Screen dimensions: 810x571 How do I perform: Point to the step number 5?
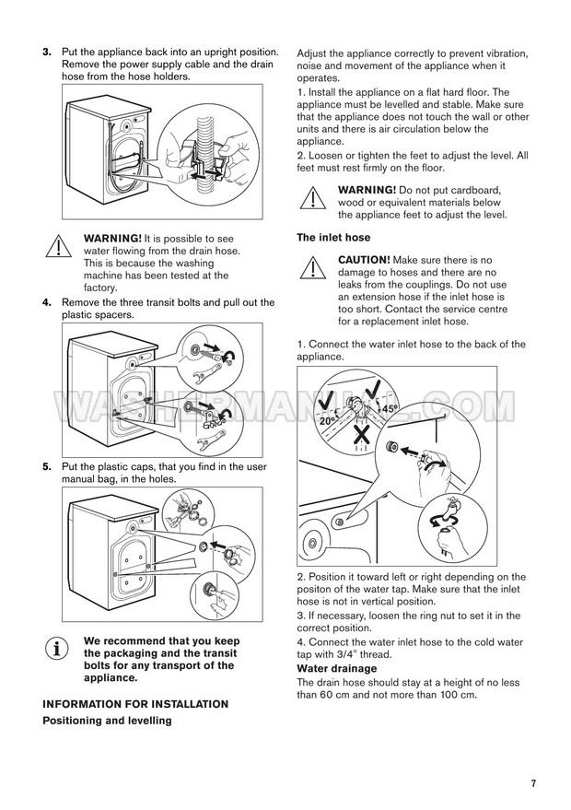click(x=47, y=467)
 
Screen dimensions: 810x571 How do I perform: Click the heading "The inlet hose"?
click(x=332, y=238)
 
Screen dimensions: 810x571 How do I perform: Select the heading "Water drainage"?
click(x=336, y=668)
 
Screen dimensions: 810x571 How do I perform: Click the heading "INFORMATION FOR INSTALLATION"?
click(x=135, y=704)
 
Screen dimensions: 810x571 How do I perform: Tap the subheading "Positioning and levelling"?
click(x=107, y=721)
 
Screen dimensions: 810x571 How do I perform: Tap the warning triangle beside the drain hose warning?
click(x=57, y=245)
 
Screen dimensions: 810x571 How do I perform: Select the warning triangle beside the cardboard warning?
click(x=313, y=196)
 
